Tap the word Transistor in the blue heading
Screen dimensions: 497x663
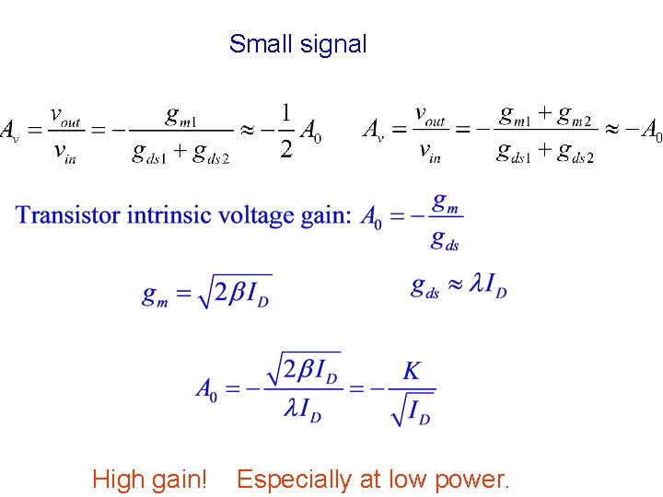68,215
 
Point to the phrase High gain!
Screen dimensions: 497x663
149,479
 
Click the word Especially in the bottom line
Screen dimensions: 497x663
294,479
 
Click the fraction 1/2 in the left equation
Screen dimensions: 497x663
286,130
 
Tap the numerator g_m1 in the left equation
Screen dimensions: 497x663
185,115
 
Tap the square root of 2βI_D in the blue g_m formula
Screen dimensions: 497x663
236,293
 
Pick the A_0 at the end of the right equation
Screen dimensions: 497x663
651,131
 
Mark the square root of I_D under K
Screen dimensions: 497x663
412,408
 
